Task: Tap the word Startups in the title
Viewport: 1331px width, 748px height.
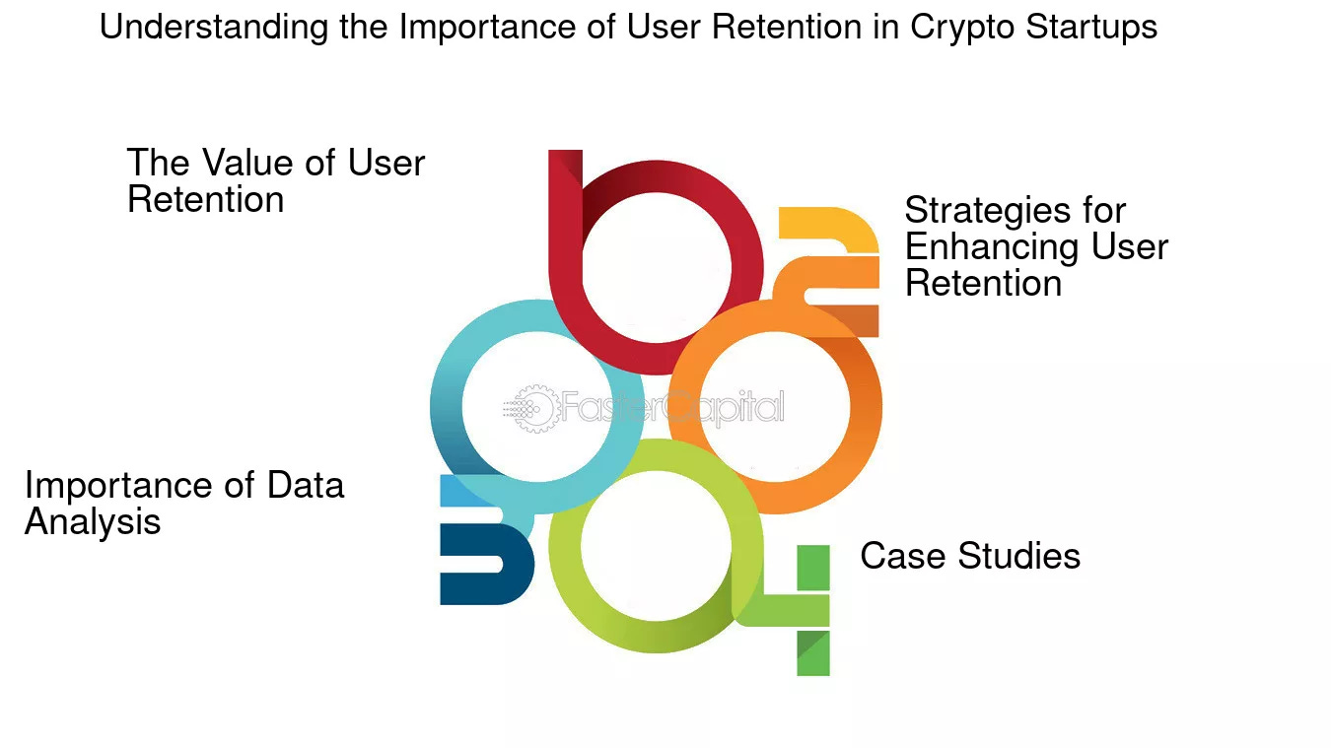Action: (x=1091, y=28)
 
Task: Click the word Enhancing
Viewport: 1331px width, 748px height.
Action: (x=998, y=246)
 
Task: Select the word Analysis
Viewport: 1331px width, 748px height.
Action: (x=93, y=521)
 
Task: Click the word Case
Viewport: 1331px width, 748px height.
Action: (x=896, y=556)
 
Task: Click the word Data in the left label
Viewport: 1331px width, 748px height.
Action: (x=306, y=485)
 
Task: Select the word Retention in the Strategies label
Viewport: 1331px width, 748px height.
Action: (x=983, y=284)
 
